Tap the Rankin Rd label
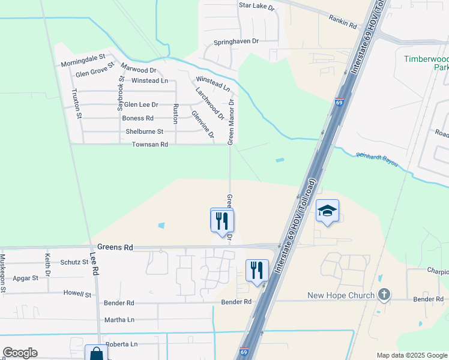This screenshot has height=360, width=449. (343, 23)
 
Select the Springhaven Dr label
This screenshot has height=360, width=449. (236, 42)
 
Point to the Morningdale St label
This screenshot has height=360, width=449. (83, 62)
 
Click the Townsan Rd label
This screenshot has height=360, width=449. (150, 145)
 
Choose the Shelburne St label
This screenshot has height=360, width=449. (144, 131)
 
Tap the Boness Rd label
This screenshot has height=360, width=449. (137, 118)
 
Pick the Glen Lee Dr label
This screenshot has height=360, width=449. (140, 104)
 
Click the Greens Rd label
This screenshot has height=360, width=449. (115, 247)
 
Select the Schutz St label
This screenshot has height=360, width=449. (74, 262)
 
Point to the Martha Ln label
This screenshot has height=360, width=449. (119, 320)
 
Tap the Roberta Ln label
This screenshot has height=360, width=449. (121, 344)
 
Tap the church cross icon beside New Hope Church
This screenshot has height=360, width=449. (385, 295)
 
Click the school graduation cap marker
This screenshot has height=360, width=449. (327, 211)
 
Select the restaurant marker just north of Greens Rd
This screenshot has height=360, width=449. (222, 220)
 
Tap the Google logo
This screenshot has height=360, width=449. (20, 353)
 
